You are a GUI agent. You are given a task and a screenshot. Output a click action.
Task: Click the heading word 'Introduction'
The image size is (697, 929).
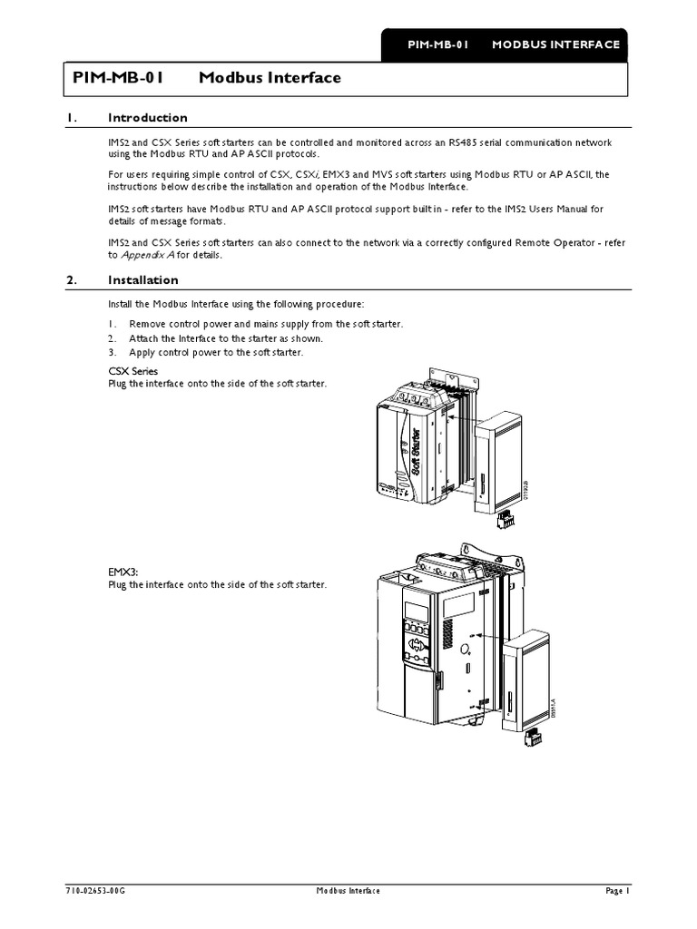[x=147, y=118]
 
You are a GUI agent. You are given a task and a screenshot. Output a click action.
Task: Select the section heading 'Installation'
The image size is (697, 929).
[x=142, y=280]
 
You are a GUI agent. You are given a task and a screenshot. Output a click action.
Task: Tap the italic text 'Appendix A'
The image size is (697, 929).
[x=147, y=255]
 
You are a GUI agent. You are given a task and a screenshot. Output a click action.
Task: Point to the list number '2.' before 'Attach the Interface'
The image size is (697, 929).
[x=113, y=338]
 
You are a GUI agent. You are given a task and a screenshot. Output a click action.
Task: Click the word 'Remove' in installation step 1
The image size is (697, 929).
[x=148, y=324]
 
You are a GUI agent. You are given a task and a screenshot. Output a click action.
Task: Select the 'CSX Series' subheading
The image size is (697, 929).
[x=133, y=372]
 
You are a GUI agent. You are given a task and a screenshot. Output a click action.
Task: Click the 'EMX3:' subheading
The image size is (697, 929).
[x=123, y=572]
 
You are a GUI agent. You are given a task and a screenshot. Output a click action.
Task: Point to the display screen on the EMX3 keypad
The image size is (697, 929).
[x=416, y=611]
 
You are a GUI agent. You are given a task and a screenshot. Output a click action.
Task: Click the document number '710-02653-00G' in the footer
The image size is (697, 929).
[x=94, y=892]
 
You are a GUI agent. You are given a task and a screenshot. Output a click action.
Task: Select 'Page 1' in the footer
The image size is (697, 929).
[x=615, y=892]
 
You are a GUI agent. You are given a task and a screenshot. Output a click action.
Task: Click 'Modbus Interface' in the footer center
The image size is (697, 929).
[x=348, y=892]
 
